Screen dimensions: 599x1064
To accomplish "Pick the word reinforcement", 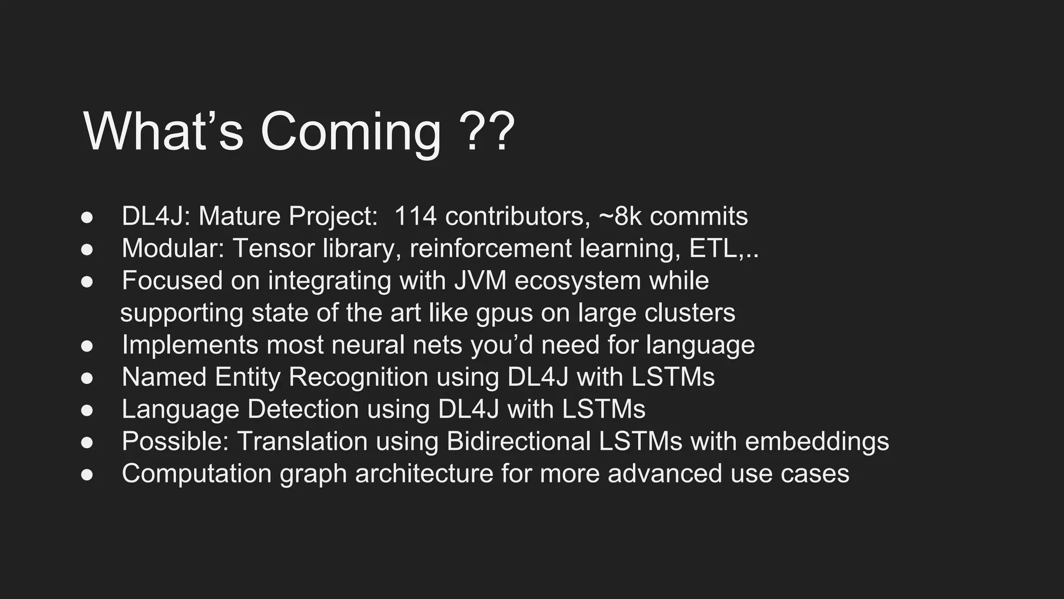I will pyautogui.click(x=490, y=248).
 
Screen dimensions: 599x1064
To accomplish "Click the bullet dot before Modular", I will pyautogui.click(x=87, y=249).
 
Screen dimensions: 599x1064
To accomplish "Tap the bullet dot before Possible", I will pyautogui.click(x=87, y=442).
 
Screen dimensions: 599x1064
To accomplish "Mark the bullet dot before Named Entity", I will pyautogui.click(x=87, y=378).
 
